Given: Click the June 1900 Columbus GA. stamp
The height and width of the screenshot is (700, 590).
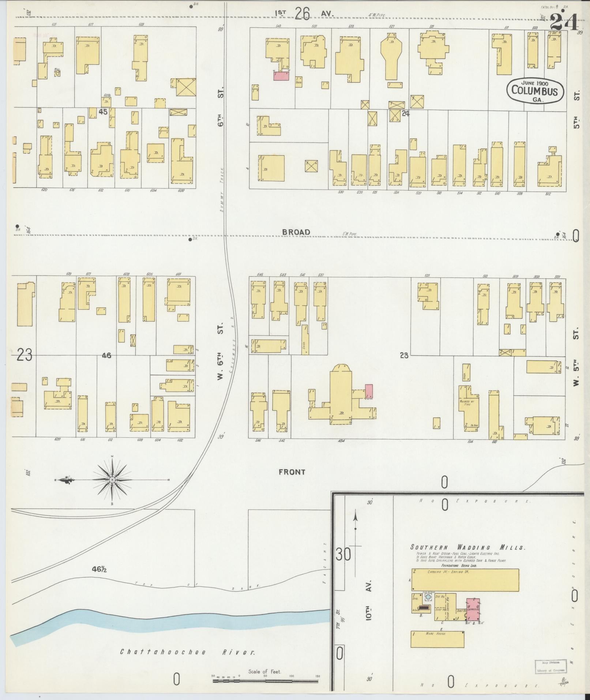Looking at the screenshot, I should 534,90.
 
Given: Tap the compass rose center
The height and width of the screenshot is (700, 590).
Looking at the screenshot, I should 112,480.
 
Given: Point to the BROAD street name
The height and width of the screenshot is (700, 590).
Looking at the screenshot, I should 296,232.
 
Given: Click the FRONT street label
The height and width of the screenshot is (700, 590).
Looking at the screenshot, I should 292,472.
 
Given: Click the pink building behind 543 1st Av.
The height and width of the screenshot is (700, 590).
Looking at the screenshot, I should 281,76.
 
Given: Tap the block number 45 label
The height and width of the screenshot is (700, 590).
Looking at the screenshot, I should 103,112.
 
